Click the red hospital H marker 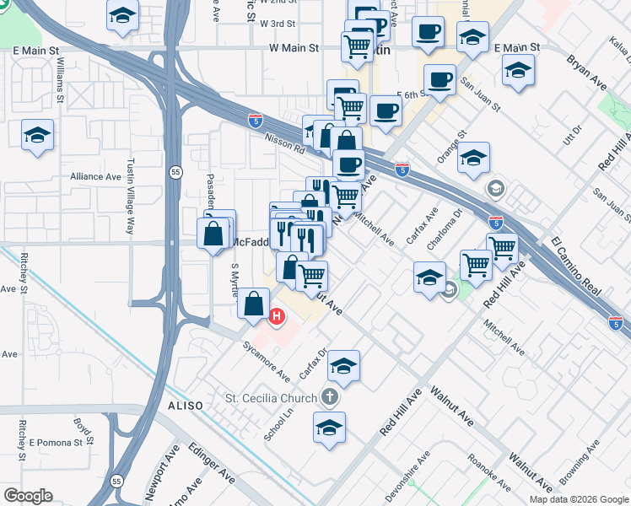(277, 317)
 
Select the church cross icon (330, 396)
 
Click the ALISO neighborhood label (185, 406)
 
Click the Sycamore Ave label (266, 361)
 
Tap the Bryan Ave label (587, 73)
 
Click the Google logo (28, 496)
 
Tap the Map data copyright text (577, 499)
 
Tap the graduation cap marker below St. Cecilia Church (329, 427)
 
